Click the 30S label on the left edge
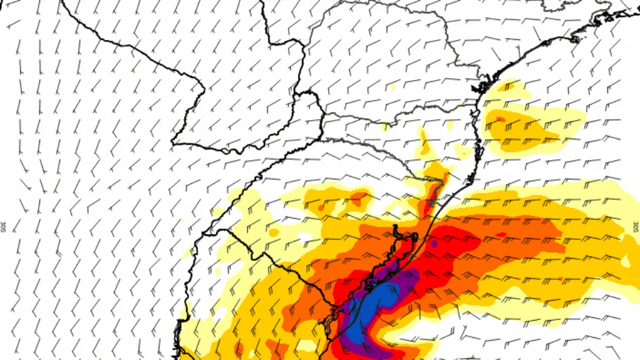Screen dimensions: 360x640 3,227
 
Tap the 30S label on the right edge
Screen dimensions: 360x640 635,227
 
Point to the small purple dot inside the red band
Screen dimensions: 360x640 434,245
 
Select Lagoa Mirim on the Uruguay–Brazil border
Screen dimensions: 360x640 331,323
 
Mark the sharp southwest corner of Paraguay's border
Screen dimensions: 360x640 174,142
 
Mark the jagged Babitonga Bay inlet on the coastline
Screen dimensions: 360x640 482,86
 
